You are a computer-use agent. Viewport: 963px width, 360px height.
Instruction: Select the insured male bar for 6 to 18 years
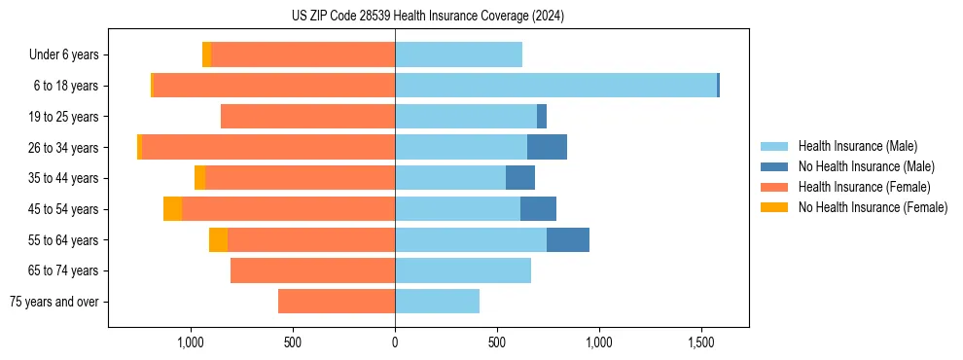[555, 86]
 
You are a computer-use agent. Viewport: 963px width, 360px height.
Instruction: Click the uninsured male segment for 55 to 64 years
[568, 240]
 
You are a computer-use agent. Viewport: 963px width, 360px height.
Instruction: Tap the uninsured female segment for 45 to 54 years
[172, 209]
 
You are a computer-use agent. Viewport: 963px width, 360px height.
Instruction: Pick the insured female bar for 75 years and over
[337, 302]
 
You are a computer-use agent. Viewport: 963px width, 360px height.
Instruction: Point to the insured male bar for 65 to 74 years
[463, 270]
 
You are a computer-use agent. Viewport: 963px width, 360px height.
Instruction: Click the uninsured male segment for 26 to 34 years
[547, 148]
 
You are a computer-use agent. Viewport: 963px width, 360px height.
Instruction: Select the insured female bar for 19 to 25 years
[307, 117]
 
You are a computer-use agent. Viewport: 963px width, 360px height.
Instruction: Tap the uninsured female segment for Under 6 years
[206, 55]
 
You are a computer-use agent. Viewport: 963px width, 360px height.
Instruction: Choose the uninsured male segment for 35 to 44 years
[520, 178]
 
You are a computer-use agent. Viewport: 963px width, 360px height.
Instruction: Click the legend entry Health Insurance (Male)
[857, 146]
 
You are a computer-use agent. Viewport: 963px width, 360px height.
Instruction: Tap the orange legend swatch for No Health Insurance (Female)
[774, 207]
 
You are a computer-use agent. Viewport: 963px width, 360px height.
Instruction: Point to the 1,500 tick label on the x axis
[701, 342]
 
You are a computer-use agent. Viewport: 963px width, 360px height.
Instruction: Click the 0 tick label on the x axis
[395, 342]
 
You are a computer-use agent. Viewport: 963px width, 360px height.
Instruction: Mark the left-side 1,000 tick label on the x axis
[191, 342]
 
